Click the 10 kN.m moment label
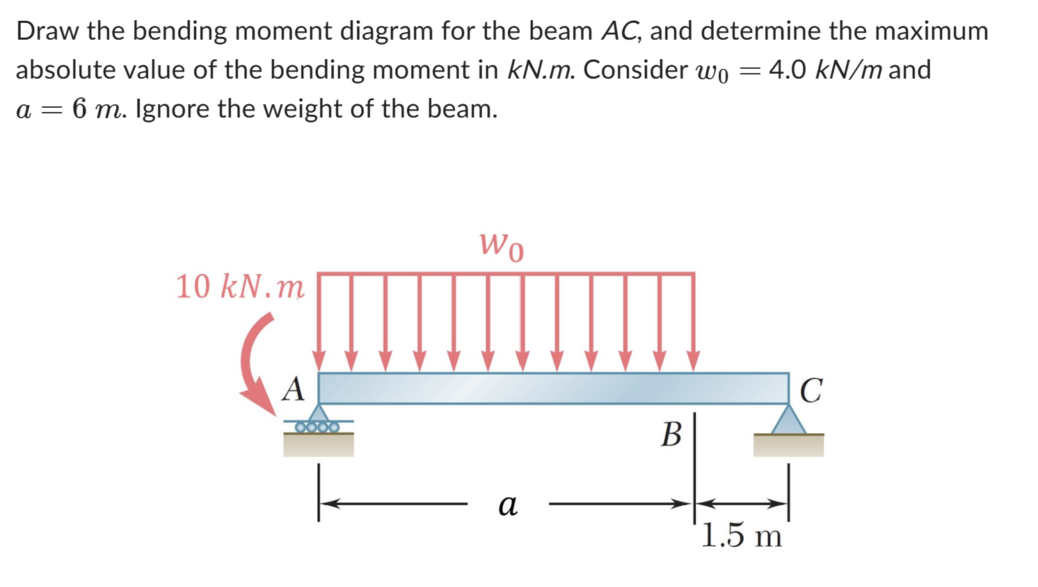239,286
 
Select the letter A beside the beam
293,389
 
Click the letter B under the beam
671,435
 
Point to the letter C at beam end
811,390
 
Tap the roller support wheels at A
317,426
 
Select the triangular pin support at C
789,421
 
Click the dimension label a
508,504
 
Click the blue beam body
553,388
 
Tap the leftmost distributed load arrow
319,323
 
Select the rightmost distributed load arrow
693,323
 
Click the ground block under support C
788,445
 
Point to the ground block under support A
318,445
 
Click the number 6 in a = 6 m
80,109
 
